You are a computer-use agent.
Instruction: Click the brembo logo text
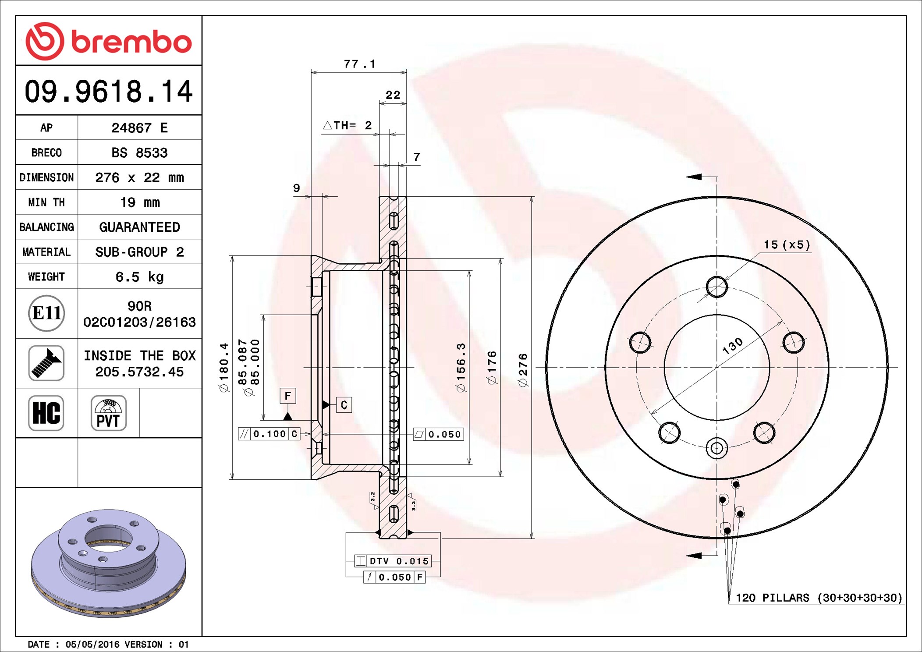coord(131,42)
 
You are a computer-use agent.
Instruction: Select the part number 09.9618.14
coord(108,92)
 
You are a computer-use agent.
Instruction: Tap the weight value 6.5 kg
coord(139,277)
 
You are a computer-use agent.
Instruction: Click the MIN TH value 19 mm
coord(139,202)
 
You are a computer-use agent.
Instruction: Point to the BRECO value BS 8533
coord(139,153)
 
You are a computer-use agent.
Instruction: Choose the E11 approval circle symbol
coord(46,313)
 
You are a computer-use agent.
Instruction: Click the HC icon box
coord(46,413)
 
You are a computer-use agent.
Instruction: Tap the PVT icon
coord(109,413)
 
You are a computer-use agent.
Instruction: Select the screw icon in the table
coord(46,363)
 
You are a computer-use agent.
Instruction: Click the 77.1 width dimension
coord(359,64)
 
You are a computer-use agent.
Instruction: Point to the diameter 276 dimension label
coord(523,370)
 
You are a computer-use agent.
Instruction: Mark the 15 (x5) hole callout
coord(787,244)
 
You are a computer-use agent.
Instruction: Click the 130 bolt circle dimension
coord(732,346)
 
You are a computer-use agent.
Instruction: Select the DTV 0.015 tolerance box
coord(393,561)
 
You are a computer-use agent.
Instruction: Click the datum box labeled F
coord(288,396)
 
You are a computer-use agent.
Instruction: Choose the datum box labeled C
coord(344,405)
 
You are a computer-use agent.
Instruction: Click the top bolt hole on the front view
coord(717,287)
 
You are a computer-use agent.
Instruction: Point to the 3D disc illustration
coord(109,563)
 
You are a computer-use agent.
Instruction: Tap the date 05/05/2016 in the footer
coord(92,645)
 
